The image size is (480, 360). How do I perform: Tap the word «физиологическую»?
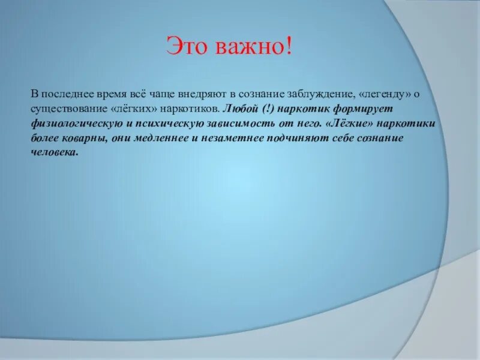point(71,124)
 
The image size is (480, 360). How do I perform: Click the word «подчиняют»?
point(295,139)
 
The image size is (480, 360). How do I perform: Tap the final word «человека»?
point(55,153)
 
